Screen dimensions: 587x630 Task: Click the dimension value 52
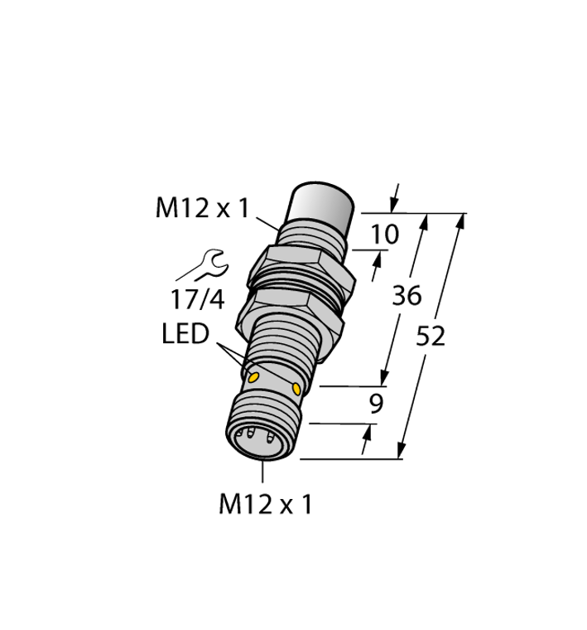click(431, 337)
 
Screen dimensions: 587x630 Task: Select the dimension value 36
click(407, 295)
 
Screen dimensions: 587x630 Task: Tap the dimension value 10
click(384, 235)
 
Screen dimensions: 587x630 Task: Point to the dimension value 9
click(377, 405)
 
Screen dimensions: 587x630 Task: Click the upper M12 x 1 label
click(202, 209)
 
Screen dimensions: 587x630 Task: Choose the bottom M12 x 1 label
click(265, 504)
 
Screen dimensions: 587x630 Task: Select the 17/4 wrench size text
click(197, 299)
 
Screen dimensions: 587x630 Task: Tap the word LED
click(185, 333)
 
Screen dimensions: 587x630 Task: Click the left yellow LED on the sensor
click(253, 377)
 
